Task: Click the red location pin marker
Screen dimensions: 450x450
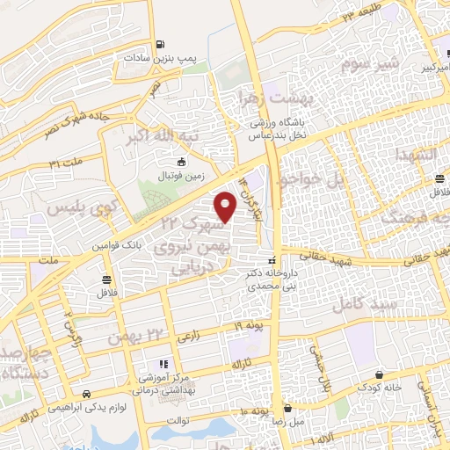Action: tap(226, 206)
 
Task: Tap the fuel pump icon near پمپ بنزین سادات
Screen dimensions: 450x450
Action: tap(158, 45)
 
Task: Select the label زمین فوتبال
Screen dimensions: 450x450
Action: tap(182, 175)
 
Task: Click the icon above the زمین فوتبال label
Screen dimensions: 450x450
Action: tap(181, 162)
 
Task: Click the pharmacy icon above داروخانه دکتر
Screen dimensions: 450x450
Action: tap(271, 260)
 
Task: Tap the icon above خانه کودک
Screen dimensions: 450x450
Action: tap(379, 374)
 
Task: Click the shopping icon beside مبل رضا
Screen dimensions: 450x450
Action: tap(288, 409)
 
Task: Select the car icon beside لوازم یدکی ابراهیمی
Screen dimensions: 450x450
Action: tap(86, 395)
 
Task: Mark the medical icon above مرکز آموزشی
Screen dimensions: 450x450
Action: tap(162, 364)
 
